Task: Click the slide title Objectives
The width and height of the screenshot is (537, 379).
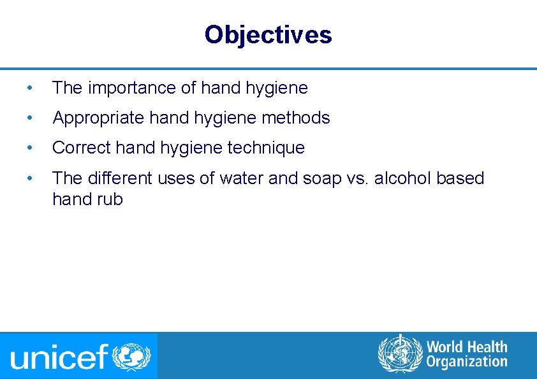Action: (268, 34)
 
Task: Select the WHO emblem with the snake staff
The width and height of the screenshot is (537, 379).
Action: (400, 354)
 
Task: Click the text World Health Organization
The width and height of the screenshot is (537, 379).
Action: (467, 354)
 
